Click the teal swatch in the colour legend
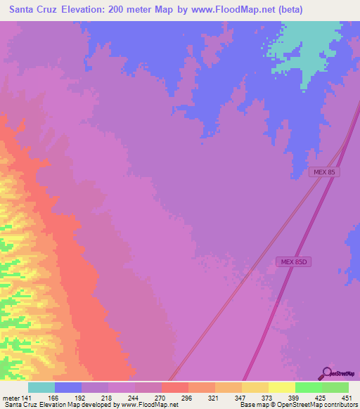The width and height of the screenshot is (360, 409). tap(41, 387)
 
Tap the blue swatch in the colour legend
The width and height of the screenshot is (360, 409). tap(68, 387)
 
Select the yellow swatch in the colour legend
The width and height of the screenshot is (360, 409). tap(281, 387)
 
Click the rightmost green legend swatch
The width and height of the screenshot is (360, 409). tap(335, 387)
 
